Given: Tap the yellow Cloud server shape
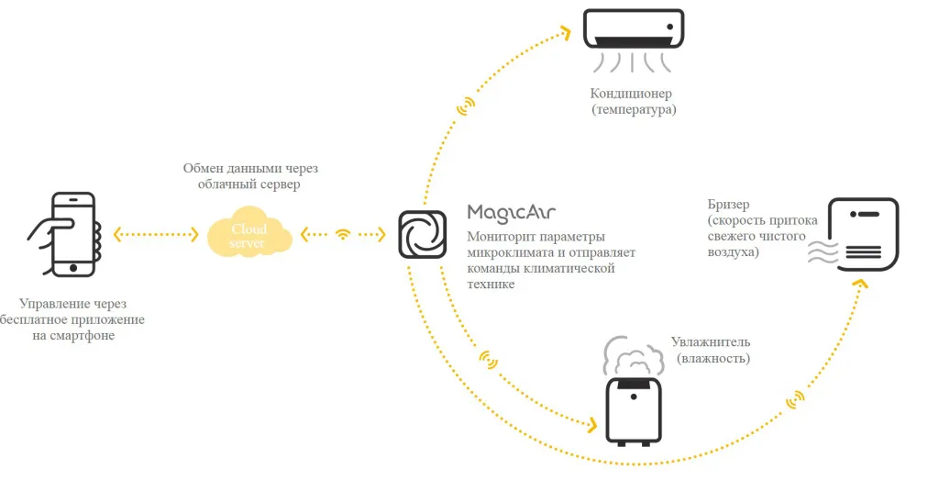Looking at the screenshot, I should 249,236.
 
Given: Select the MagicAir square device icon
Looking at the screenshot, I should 423,234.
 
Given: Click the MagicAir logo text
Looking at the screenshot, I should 512,213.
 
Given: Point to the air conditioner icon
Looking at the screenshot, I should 634,32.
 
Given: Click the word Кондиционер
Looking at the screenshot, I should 631,94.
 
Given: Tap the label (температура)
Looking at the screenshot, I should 634,110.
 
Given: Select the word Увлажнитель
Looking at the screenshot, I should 712,341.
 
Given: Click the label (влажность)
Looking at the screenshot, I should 713,358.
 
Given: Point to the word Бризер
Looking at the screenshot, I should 728,203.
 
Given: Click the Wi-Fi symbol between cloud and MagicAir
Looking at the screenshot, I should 343,234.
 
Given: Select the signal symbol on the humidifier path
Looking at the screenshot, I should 491,359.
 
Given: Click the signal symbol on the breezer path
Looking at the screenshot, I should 794,399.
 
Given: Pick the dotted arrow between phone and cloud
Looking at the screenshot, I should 156,234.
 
